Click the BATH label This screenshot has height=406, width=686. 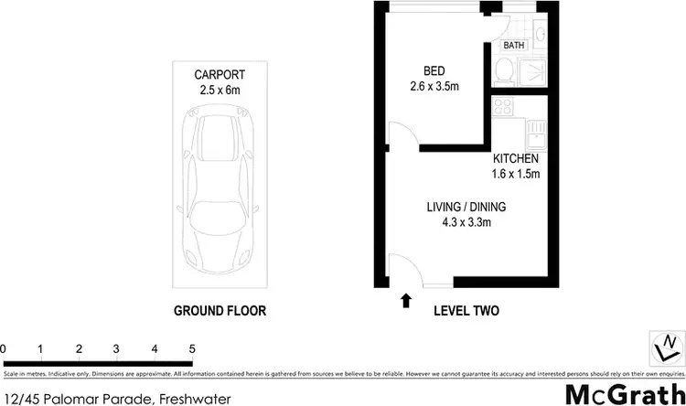coord(513,44)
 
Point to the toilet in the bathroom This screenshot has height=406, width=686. coord(503,70)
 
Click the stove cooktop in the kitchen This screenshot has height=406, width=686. coord(504,106)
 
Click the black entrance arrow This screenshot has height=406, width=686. coord(405,300)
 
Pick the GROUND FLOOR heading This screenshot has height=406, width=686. coord(220,311)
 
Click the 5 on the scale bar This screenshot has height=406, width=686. coord(192,348)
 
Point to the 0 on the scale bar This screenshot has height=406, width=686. coord(4,348)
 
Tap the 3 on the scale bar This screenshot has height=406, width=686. coord(117,348)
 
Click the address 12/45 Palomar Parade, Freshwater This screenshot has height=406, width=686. coord(115,398)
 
